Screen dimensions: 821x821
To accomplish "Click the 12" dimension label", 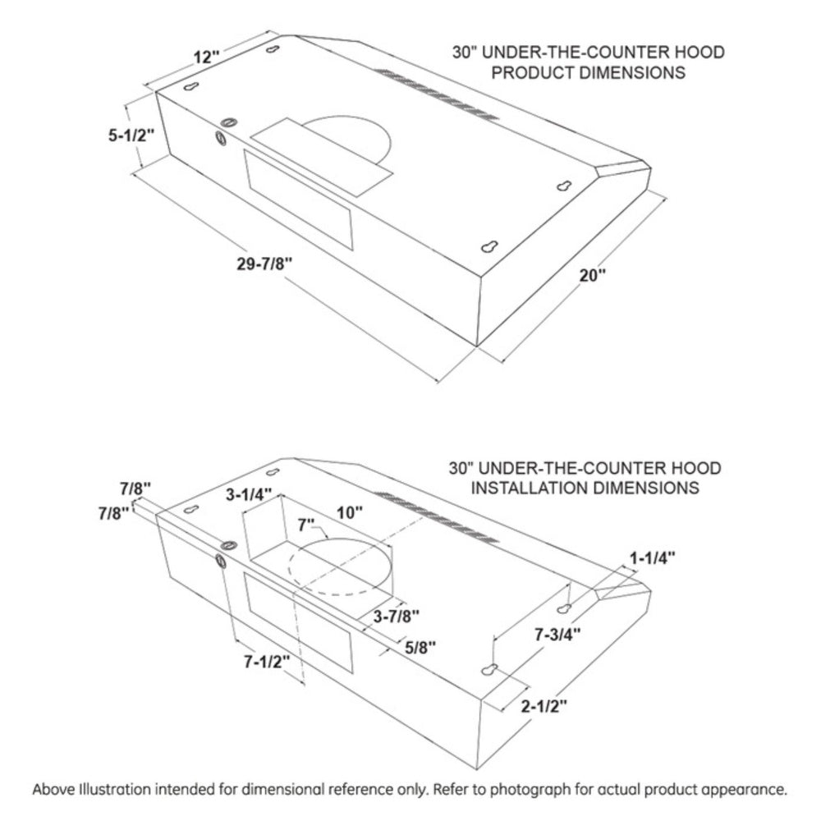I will [x=207, y=57].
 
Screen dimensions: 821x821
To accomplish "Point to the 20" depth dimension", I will [x=591, y=274].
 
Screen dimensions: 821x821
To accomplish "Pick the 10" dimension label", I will [x=351, y=513].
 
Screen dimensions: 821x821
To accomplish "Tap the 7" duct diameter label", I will [x=306, y=524].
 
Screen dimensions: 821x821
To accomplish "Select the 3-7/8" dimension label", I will [x=397, y=616].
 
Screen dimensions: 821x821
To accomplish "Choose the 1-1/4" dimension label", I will [x=653, y=558].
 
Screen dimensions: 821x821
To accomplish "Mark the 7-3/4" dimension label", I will [x=557, y=634].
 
